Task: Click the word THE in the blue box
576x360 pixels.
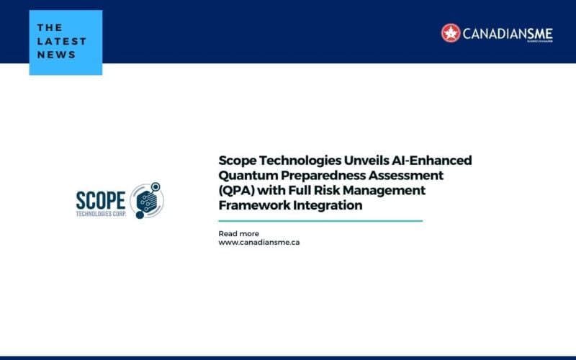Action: [50, 28]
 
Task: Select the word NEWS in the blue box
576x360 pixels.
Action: [56, 55]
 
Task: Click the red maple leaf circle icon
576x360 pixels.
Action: [451, 33]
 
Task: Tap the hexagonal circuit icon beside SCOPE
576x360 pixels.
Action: [148, 199]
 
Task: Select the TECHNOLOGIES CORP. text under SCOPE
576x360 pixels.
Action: [101, 215]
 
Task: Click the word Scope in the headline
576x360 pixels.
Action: [238, 161]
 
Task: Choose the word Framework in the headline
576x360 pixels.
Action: [251, 206]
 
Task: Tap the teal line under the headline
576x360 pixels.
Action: [320, 221]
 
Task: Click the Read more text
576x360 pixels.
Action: [238, 234]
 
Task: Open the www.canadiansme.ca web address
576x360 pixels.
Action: [259, 243]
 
